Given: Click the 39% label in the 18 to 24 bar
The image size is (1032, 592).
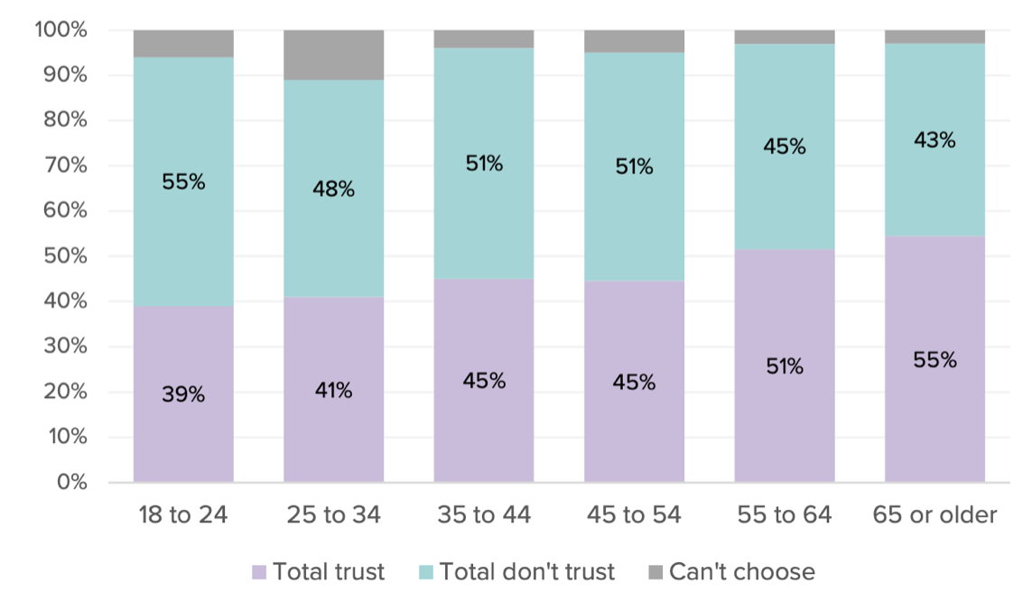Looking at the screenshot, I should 183,394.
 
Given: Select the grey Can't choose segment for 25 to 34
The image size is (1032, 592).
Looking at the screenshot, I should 333,55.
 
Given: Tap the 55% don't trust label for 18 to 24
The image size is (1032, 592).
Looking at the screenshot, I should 183,181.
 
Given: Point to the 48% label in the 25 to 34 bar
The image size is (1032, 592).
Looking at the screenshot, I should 333,190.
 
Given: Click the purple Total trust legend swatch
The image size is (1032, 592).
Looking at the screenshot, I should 260,572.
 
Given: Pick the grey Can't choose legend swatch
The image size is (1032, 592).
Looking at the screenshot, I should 655,572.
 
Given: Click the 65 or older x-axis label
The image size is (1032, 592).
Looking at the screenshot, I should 934,515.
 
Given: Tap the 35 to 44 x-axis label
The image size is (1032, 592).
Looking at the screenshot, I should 484,515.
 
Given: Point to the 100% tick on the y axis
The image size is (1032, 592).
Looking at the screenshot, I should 61,31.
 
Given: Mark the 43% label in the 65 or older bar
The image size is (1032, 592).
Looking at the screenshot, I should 934,140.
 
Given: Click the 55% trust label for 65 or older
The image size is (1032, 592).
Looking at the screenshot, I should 934,359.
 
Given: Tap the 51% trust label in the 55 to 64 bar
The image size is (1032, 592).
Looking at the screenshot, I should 784,366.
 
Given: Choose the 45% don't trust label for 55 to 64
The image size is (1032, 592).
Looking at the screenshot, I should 784,146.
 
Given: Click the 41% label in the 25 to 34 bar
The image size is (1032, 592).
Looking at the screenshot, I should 333,391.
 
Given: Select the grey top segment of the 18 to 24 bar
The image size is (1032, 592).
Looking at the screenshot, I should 183,43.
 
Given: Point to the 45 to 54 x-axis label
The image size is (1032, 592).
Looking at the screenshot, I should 634,515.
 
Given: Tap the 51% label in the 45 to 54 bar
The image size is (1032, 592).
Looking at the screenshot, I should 634,167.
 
